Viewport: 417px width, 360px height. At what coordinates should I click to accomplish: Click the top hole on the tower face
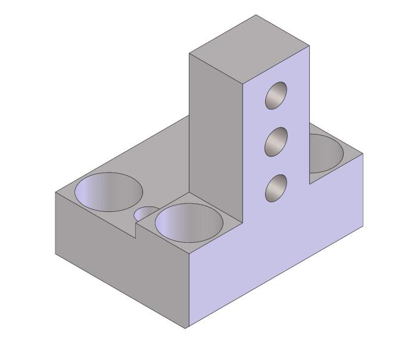pyautogui.click(x=276, y=95)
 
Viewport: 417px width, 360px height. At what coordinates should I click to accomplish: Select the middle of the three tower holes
pyautogui.click(x=276, y=142)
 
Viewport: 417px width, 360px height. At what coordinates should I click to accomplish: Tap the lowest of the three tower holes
pyautogui.click(x=276, y=188)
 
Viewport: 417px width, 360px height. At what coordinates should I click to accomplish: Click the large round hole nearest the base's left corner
pyautogui.click(x=108, y=192)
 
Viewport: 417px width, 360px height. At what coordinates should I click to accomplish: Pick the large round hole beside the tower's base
pyautogui.click(x=189, y=222)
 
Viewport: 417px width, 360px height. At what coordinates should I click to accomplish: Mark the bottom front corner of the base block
pyautogui.click(x=186, y=328)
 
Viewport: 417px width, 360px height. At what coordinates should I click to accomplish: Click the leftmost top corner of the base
pyautogui.click(x=55, y=193)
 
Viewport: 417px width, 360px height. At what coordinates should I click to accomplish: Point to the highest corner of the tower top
pyautogui.click(x=256, y=15)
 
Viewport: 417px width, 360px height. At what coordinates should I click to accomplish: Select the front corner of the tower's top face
pyautogui.click(x=242, y=84)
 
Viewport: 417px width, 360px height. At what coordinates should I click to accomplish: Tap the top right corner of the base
pyautogui.click(x=363, y=154)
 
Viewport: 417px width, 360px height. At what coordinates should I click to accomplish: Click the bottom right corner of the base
pyautogui.click(x=363, y=226)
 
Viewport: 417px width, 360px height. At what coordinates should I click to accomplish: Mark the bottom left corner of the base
pyautogui.click(x=55, y=255)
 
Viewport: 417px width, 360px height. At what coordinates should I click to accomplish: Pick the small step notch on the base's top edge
pyautogui.click(x=136, y=230)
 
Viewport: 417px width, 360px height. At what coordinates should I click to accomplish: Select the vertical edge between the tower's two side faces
pyautogui.click(x=242, y=149)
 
